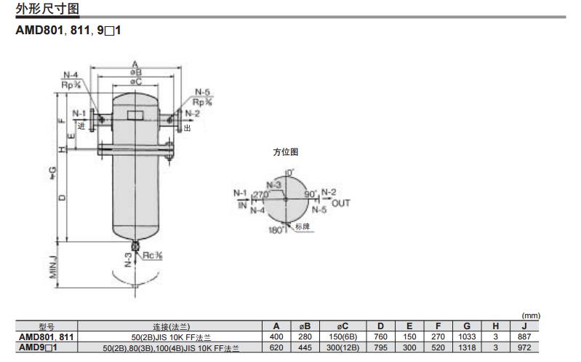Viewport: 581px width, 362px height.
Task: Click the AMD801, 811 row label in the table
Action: coord(46,337)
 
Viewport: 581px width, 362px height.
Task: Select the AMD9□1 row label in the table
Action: coord(46,348)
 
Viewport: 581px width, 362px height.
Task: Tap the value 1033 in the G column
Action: coord(466,337)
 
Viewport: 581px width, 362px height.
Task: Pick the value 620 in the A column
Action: coord(276,348)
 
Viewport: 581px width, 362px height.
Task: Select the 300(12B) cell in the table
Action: coord(340,348)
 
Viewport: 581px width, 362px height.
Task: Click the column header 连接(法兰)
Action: coord(170,326)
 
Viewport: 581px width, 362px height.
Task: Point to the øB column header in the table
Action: coord(305,326)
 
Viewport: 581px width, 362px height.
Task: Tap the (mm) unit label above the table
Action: coord(532,315)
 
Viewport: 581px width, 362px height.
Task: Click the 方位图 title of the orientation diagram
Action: coord(285,152)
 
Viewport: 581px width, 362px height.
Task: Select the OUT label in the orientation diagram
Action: coord(340,203)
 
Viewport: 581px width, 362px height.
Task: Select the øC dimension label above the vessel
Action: coord(135,82)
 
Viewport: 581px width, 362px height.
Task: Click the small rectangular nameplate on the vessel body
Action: coord(135,115)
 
